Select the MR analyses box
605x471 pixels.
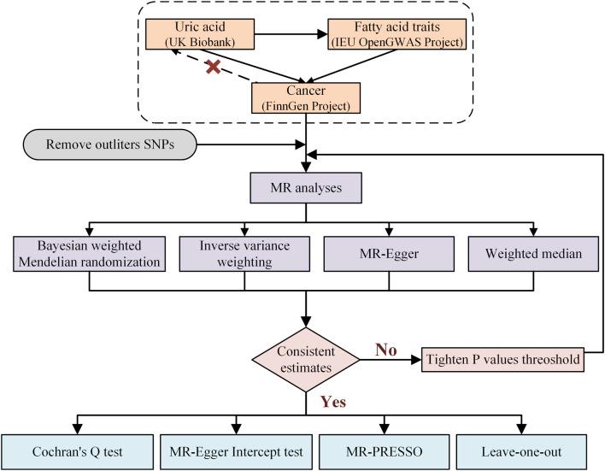(x=307, y=186)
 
